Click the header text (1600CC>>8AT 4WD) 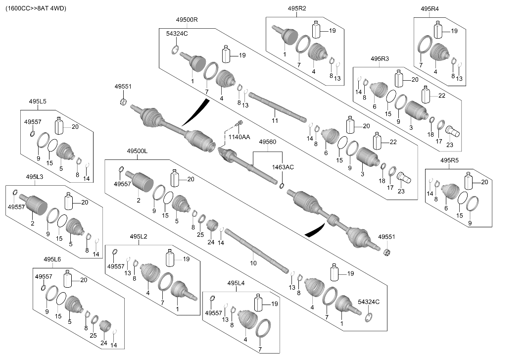(36, 8)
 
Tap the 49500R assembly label (187, 20)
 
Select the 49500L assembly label (137, 151)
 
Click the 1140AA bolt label (239, 137)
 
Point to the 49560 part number (268, 142)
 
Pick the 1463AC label (283, 167)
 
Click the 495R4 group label (430, 9)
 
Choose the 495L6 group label (52, 259)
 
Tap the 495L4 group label (236, 283)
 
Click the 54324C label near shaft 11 (177, 34)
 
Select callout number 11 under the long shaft (275, 120)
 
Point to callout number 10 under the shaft (253, 263)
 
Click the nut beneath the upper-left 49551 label (123, 102)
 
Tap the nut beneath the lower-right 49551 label (387, 252)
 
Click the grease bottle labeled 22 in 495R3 (426, 95)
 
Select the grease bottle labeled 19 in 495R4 (438, 30)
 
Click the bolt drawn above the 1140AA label (239, 124)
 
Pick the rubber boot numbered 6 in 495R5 (450, 194)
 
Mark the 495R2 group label (297, 8)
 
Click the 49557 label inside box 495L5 (33, 122)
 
